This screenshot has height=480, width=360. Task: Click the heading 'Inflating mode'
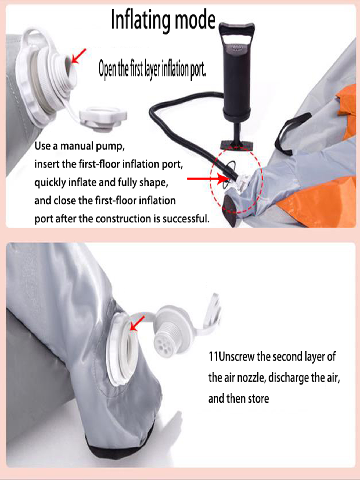pos(163,20)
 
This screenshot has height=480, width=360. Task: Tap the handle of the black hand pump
pos(236,31)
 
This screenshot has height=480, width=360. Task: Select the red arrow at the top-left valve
pos(78,56)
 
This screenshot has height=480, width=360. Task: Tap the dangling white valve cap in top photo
pos(103,119)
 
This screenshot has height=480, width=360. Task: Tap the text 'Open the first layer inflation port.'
pos(152,69)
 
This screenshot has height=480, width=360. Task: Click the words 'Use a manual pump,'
pos(80,146)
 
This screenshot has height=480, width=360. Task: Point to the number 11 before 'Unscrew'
pos(213,357)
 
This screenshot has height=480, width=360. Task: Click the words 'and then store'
pos(239,398)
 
